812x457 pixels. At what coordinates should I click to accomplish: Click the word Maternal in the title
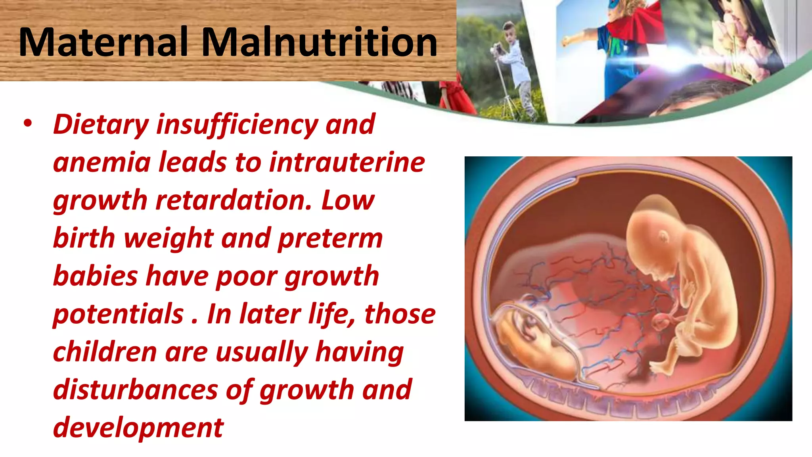tap(103, 42)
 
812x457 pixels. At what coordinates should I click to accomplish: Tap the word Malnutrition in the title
tap(320, 42)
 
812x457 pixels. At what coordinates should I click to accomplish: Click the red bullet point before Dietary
tap(27, 124)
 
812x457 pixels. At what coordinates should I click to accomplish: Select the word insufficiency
tap(237, 125)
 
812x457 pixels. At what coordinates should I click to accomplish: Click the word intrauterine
tap(347, 163)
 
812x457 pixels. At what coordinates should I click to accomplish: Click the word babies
tap(96, 276)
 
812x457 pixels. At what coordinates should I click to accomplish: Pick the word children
tap(105, 352)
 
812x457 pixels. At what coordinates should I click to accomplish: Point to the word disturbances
tap(135, 390)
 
